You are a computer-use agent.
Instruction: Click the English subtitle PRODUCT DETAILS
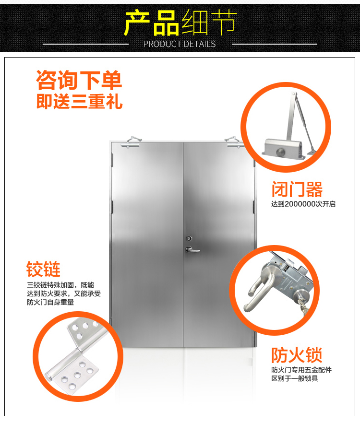[x=180, y=44]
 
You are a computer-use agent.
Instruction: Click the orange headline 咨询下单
[x=79, y=81]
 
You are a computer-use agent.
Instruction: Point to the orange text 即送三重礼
[x=79, y=102]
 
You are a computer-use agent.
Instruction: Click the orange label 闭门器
[x=297, y=189]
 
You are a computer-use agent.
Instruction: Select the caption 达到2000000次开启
[x=303, y=204]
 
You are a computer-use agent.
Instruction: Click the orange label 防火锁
[x=297, y=355]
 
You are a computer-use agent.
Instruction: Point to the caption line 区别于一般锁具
[x=294, y=379]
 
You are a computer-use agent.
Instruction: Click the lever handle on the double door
[x=193, y=249]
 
